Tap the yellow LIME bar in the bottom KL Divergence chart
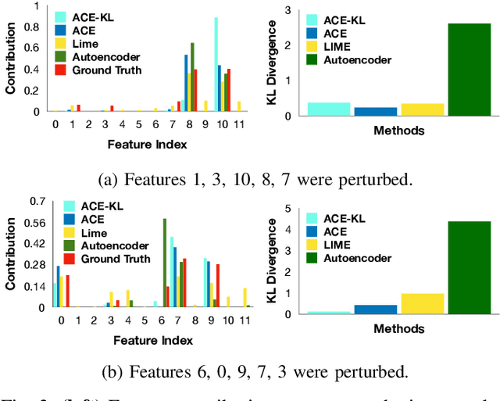click(x=422, y=304)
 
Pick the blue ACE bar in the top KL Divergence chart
click(x=375, y=111)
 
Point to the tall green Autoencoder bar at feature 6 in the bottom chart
click(x=164, y=263)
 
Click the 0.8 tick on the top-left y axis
click(x=36, y=26)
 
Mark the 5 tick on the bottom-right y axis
click(x=287, y=209)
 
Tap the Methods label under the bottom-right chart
click(x=398, y=329)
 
